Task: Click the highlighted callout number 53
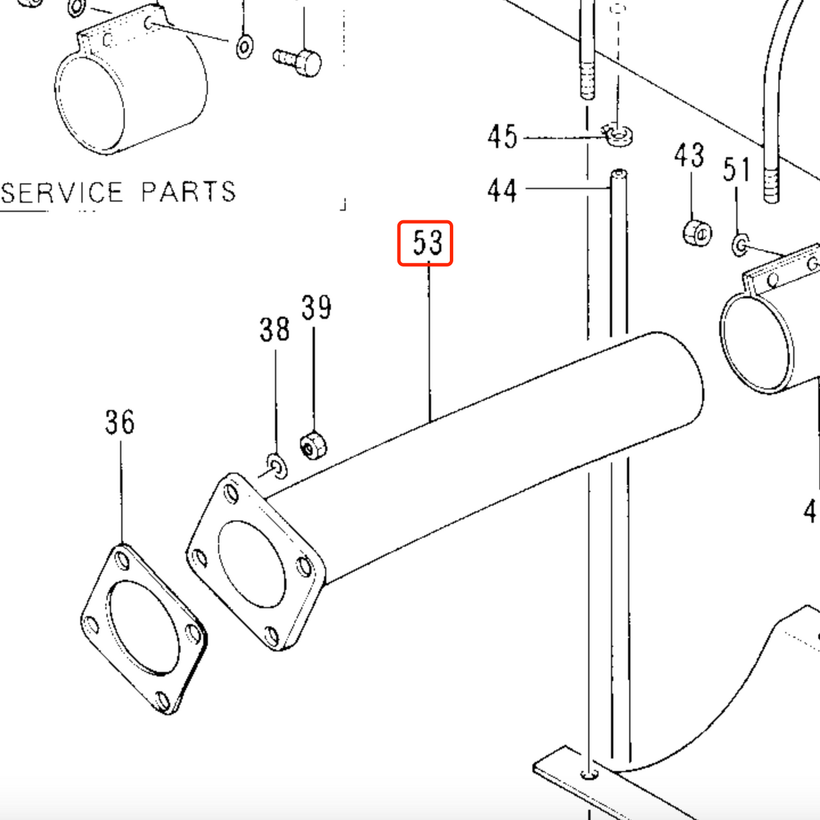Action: tap(425, 243)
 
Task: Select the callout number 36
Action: tap(120, 422)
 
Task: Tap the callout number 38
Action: tap(274, 330)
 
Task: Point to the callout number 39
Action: tap(316, 308)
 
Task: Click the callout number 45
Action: tap(502, 137)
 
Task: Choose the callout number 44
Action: tap(502, 190)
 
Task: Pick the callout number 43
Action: tap(689, 156)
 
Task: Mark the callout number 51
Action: tap(736, 170)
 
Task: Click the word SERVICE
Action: tap(62, 193)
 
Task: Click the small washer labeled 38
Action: tap(276, 465)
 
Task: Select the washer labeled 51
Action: tap(740, 245)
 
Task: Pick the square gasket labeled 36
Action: tap(143, 629)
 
